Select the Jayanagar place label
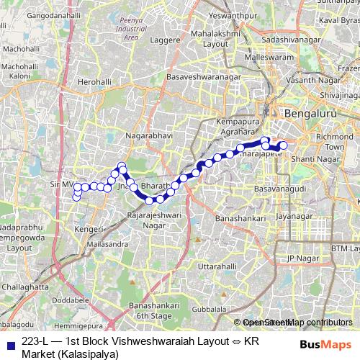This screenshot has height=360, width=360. tap(295, 215)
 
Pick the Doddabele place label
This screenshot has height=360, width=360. tap(71, 298)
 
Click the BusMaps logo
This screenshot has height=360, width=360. tap(321, 343)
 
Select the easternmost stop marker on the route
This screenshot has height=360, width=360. tap(283, 146)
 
